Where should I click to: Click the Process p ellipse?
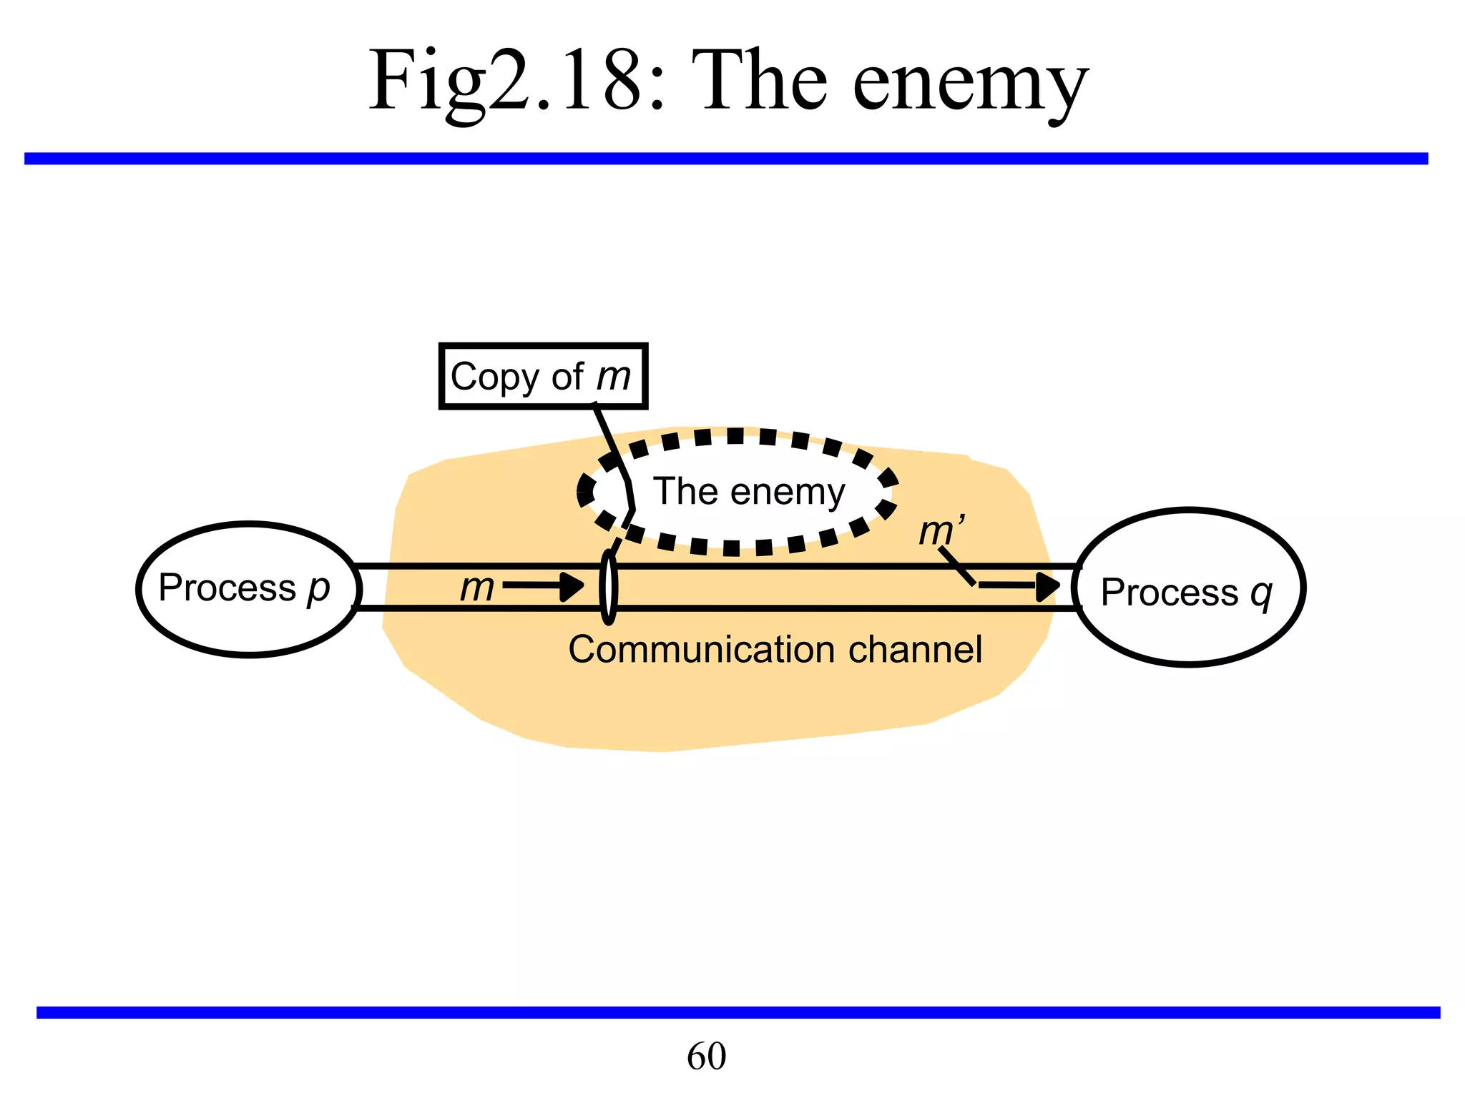pyautogui.click(x=249, y=622)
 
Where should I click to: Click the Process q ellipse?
pyautogui.click(x=1189, y=629)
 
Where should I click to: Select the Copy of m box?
pyautogui.click(x=543, y=377)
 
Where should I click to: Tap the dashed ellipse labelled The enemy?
pyautogui.click(x=737, y=443)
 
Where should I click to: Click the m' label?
pyautogui.click(x=941, y=531)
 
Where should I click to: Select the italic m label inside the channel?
pyautogui.click(x=477, y=588)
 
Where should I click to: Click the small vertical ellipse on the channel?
pyautogui.click(x=608, y=587)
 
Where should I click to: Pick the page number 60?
pyautogui.click(x=706, y=1056)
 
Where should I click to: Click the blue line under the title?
pyautogui.click(x=726, y=158)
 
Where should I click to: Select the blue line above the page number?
pyautogui.click(x=737, y=1012)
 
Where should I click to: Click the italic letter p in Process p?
pyautogui.click(x=318, y=590)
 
